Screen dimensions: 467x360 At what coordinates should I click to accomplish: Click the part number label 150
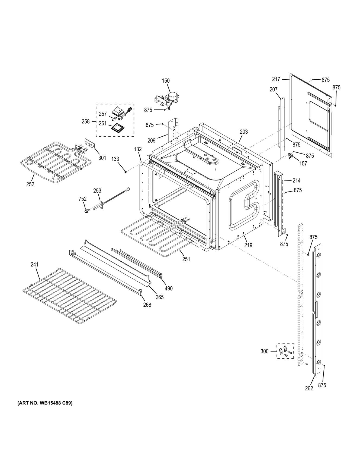click(x=166, y=81)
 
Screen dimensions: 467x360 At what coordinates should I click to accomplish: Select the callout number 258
click(x=86, y=121)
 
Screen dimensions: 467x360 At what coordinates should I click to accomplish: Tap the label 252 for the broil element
click(x=30, y=184)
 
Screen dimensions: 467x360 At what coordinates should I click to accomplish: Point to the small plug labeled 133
click(x=126, y=172)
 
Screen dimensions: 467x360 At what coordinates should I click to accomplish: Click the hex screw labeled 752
click(x=86, y=211)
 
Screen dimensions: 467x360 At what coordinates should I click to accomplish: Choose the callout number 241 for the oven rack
click(x=34, y=264)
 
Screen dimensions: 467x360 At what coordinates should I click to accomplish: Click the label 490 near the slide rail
click(x=169, y=289)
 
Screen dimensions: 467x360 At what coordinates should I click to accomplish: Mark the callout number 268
click(x=147, y=305)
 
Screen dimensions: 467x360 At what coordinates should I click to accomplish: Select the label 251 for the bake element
click(x=186, y=259)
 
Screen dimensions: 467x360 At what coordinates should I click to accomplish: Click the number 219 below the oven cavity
click(x=248, y=245)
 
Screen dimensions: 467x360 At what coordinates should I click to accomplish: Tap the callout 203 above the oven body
click(x=244, y=132)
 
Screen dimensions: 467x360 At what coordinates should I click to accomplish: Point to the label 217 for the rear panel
click(x=276, y=79)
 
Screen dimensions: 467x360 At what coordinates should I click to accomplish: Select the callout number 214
click(x=296, y=180)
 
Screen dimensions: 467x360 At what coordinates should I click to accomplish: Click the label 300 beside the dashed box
click(x=264, y=351)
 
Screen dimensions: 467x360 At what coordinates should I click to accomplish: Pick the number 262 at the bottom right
click(x=309, y=388)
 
